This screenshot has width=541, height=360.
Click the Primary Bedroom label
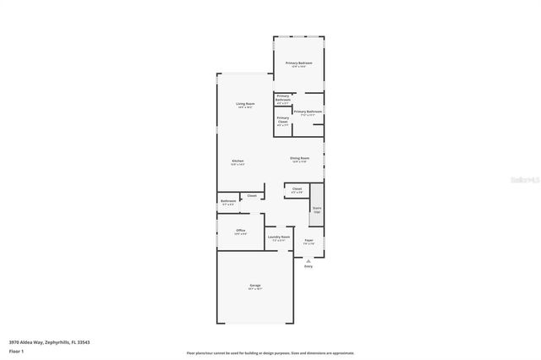[x=298, y=64]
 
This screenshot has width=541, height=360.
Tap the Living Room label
[x=246, y=105]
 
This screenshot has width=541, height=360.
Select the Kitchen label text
[x=238, y=162]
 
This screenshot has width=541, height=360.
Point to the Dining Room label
[x=300, y=159]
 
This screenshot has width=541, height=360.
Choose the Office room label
[x=241, y=232]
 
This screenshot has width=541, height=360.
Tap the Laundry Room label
[x=279, y=239]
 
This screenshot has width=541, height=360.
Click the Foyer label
[x=309, y=242]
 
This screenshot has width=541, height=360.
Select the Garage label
[x=254, y=287]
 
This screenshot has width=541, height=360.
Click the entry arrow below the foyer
[x=308, y=260]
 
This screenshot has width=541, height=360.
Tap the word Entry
[x=308, y=266]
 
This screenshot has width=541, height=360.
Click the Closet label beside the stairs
[x=297, y=190]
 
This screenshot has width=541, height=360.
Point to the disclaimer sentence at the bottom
[x=270, y=352]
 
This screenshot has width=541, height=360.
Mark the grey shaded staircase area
[x=317, y=215]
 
